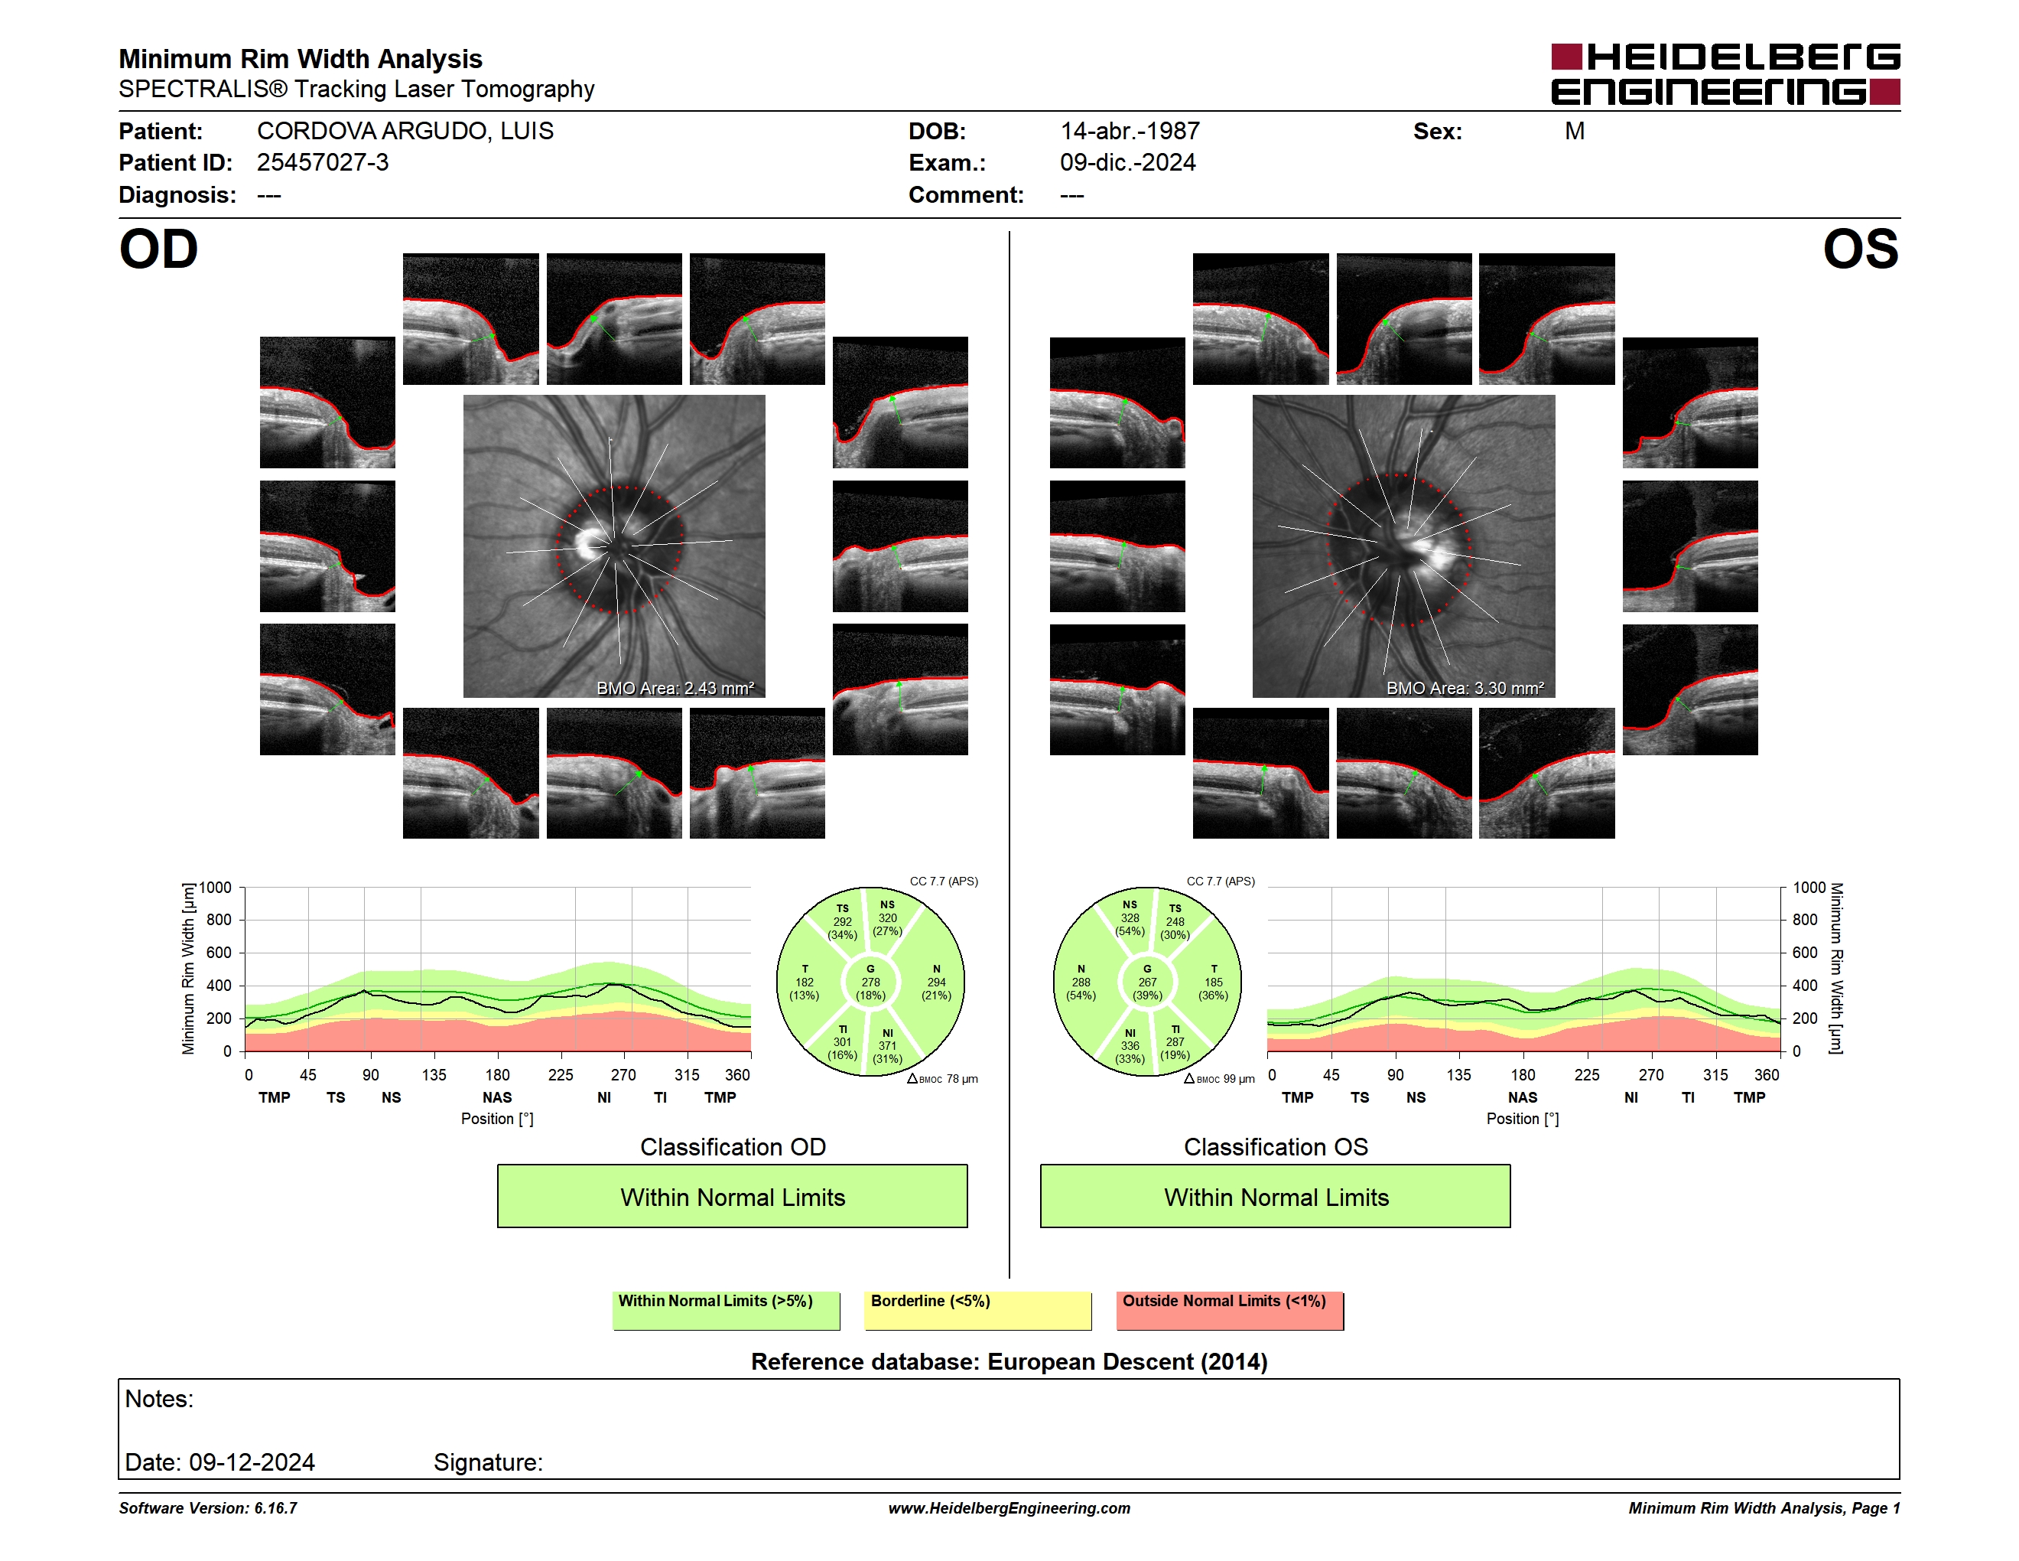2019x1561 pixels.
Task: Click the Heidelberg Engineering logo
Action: click(1725, 74)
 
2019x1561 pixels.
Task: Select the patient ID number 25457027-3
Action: click(323, 163)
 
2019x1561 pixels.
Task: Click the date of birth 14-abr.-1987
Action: click(1130, 132)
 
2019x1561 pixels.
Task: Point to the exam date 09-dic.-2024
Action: click(1128, 163)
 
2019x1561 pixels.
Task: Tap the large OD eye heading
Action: click(159, 249)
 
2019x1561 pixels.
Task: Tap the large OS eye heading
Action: click(1860, 249)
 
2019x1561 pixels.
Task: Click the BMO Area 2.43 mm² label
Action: click(675, 688)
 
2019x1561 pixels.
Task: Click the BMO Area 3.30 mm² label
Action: click(1465, 688)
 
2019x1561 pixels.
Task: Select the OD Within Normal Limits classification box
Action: click(732, 1196)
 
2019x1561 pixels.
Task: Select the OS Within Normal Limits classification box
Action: click(1276, 1196)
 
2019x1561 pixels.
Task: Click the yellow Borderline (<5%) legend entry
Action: click(978, 1310)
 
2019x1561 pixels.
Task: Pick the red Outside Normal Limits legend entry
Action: click(1231, 1310)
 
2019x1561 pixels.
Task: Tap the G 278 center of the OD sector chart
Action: click(870, 982)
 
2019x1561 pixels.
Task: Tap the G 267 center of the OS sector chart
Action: click(1147, 982)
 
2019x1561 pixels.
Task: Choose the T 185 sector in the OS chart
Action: click(1213, 982)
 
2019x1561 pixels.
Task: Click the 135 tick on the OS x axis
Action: click(1458, 1074)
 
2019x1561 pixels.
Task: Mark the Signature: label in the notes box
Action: click(488, 1462)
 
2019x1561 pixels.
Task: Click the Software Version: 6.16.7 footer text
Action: click(208, 1508)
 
